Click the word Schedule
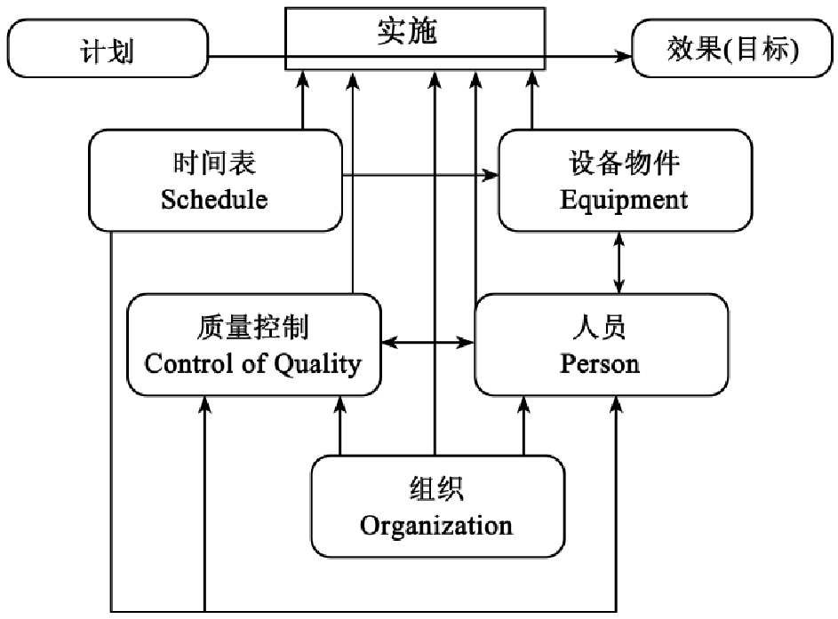click(214, 199)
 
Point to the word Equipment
click(624, 199)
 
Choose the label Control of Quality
click(253, 363)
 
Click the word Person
click(600, 363)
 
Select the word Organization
click(436, 525)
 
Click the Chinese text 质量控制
click(253, 329)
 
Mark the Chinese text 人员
click(601, 328)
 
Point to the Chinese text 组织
click(436, 490)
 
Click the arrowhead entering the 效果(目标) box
click(621, 56)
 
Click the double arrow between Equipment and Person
click(619, 262)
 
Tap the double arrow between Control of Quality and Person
click(428, 342)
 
